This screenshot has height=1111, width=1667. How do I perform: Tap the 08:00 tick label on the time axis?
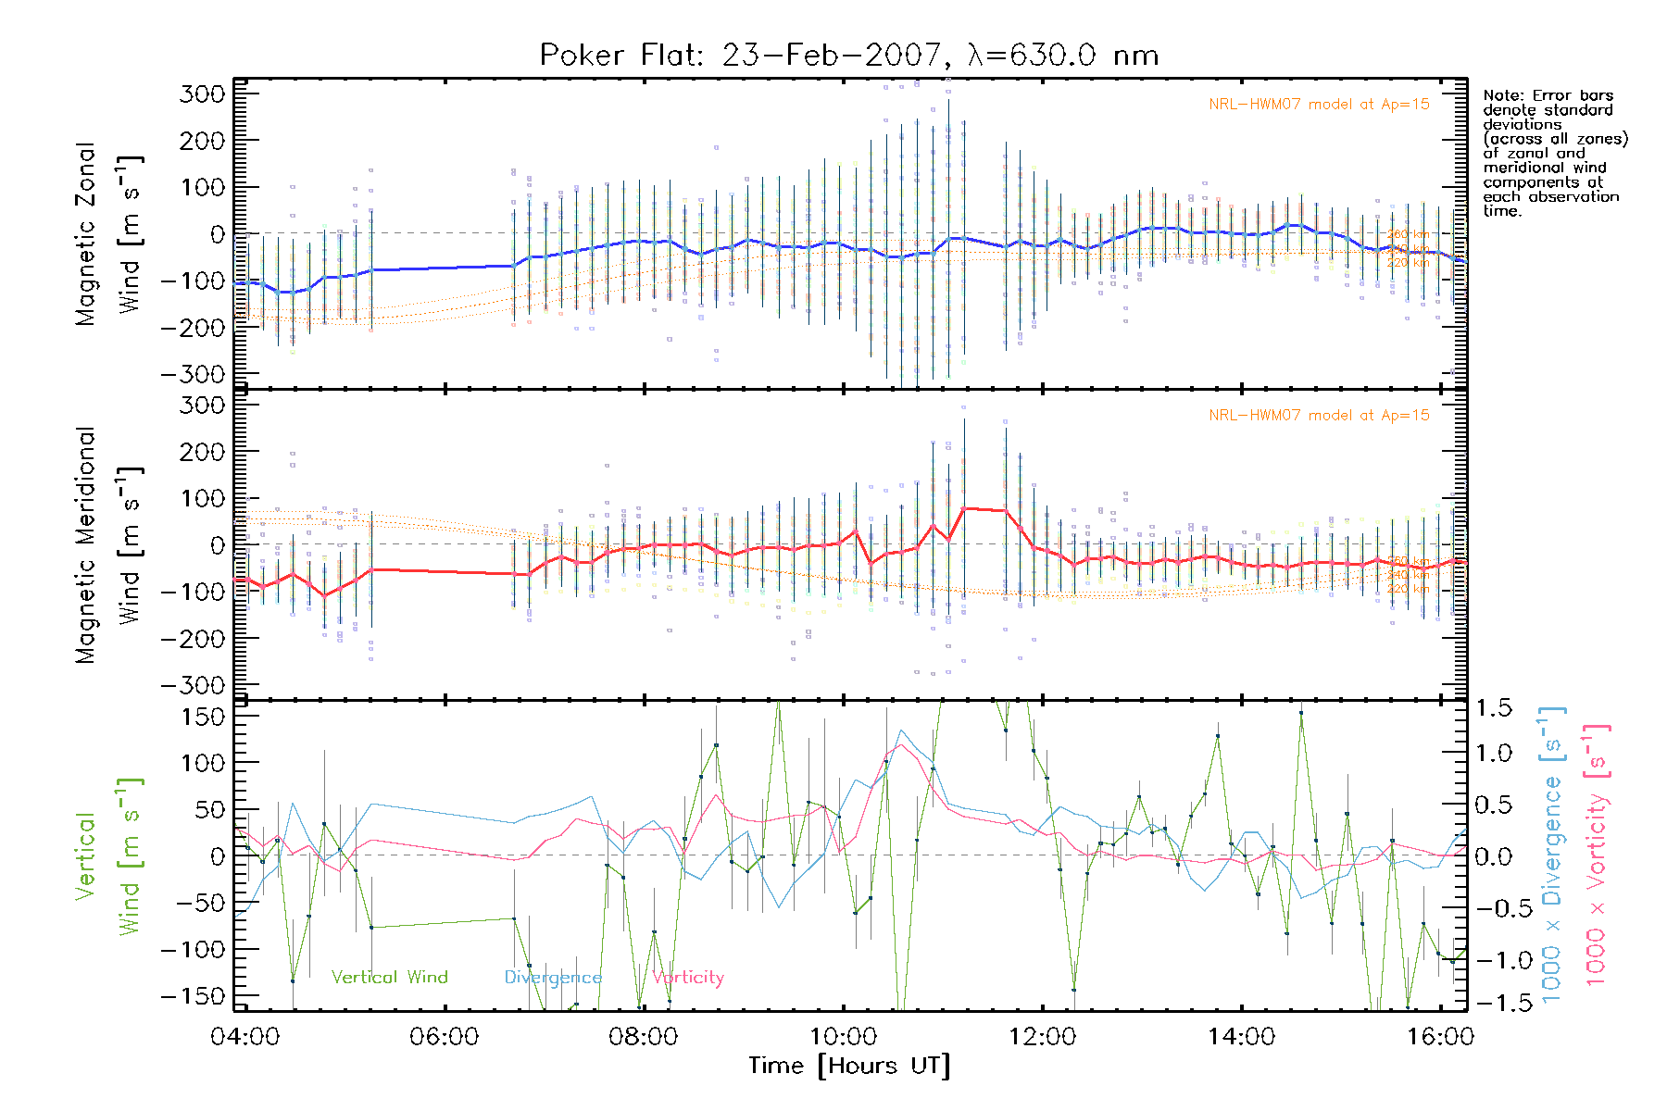coord(643,1036)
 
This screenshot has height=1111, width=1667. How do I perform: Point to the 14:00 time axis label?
coord(1241,1036)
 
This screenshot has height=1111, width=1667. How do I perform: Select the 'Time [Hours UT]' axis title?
coord(849,1066)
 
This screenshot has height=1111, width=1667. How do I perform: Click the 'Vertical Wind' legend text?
coord(389,977)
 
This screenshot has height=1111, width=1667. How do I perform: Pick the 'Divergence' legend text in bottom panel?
coord(553,977)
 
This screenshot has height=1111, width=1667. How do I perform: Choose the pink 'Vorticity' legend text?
coord(687,977)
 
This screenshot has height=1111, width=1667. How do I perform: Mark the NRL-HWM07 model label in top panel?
coord(1319,104)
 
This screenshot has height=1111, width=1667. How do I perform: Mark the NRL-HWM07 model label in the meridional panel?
coord(1319,415)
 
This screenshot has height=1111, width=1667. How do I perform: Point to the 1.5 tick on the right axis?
coord(1493,708)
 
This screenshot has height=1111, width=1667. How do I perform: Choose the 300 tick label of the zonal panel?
coord(202,94)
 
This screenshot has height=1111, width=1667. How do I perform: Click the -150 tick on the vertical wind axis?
coord(191,996)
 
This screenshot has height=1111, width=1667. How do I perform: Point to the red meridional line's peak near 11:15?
coord(965,508)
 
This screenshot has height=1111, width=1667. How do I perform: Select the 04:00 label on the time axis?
coord(244,1036)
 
